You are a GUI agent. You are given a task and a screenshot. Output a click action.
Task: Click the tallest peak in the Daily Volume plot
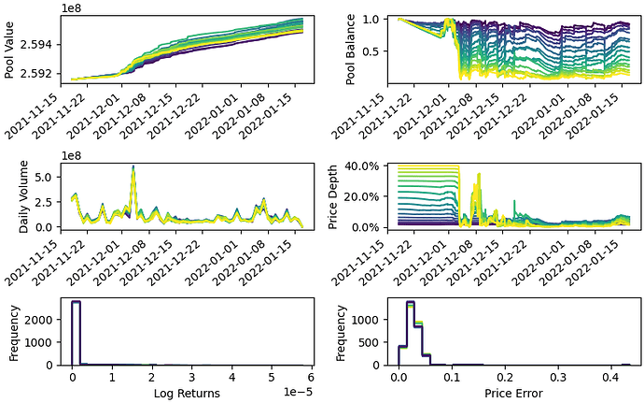coord(133,167)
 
